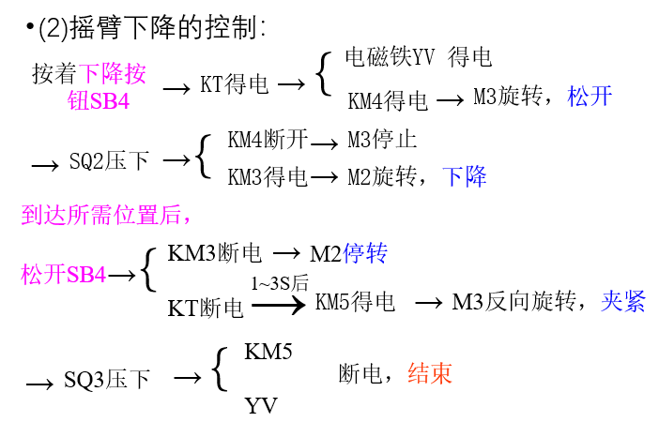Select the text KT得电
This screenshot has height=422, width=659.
(235, 85)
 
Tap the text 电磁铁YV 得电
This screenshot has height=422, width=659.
(419, 57)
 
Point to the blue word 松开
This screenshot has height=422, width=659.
(590, 96)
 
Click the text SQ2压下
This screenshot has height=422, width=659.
(109, 161)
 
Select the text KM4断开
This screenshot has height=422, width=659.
(268, 141)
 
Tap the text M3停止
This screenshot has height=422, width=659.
(382, 141)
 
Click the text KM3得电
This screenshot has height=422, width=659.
(268, 175)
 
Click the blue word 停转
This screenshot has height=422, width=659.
(365, 253)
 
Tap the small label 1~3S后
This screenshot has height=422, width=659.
(280, 283)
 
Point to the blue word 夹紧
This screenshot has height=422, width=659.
(623, 301)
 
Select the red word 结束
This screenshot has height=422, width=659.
(429, 373)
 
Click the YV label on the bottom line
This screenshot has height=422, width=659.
(261, 406)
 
